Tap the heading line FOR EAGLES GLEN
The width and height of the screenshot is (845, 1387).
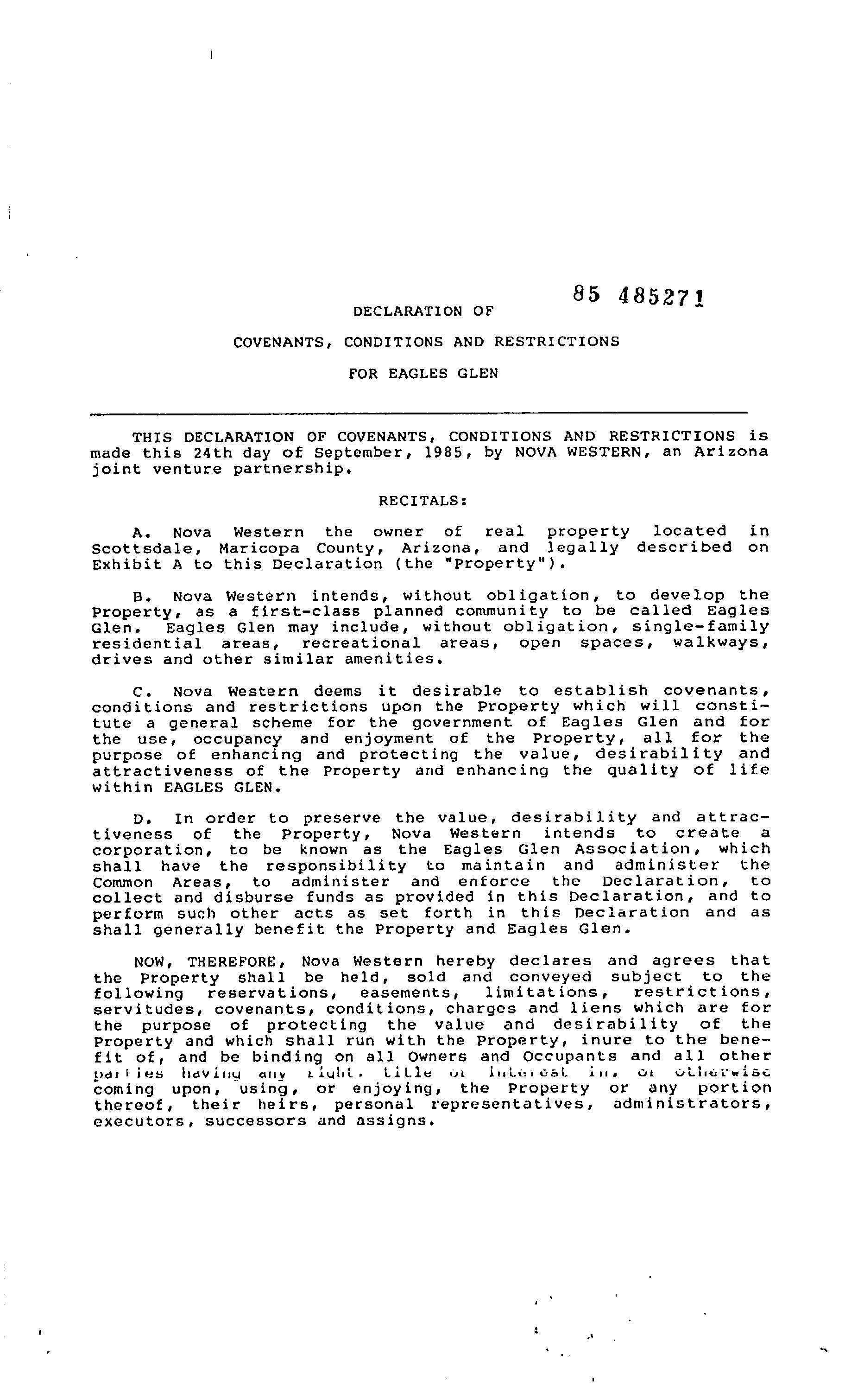pos(423,374)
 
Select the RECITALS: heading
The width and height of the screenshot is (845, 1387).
pos(422,501)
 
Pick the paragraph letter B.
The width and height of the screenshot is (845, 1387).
pos(140,596)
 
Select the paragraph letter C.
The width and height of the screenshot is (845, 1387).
pos(140,692)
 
